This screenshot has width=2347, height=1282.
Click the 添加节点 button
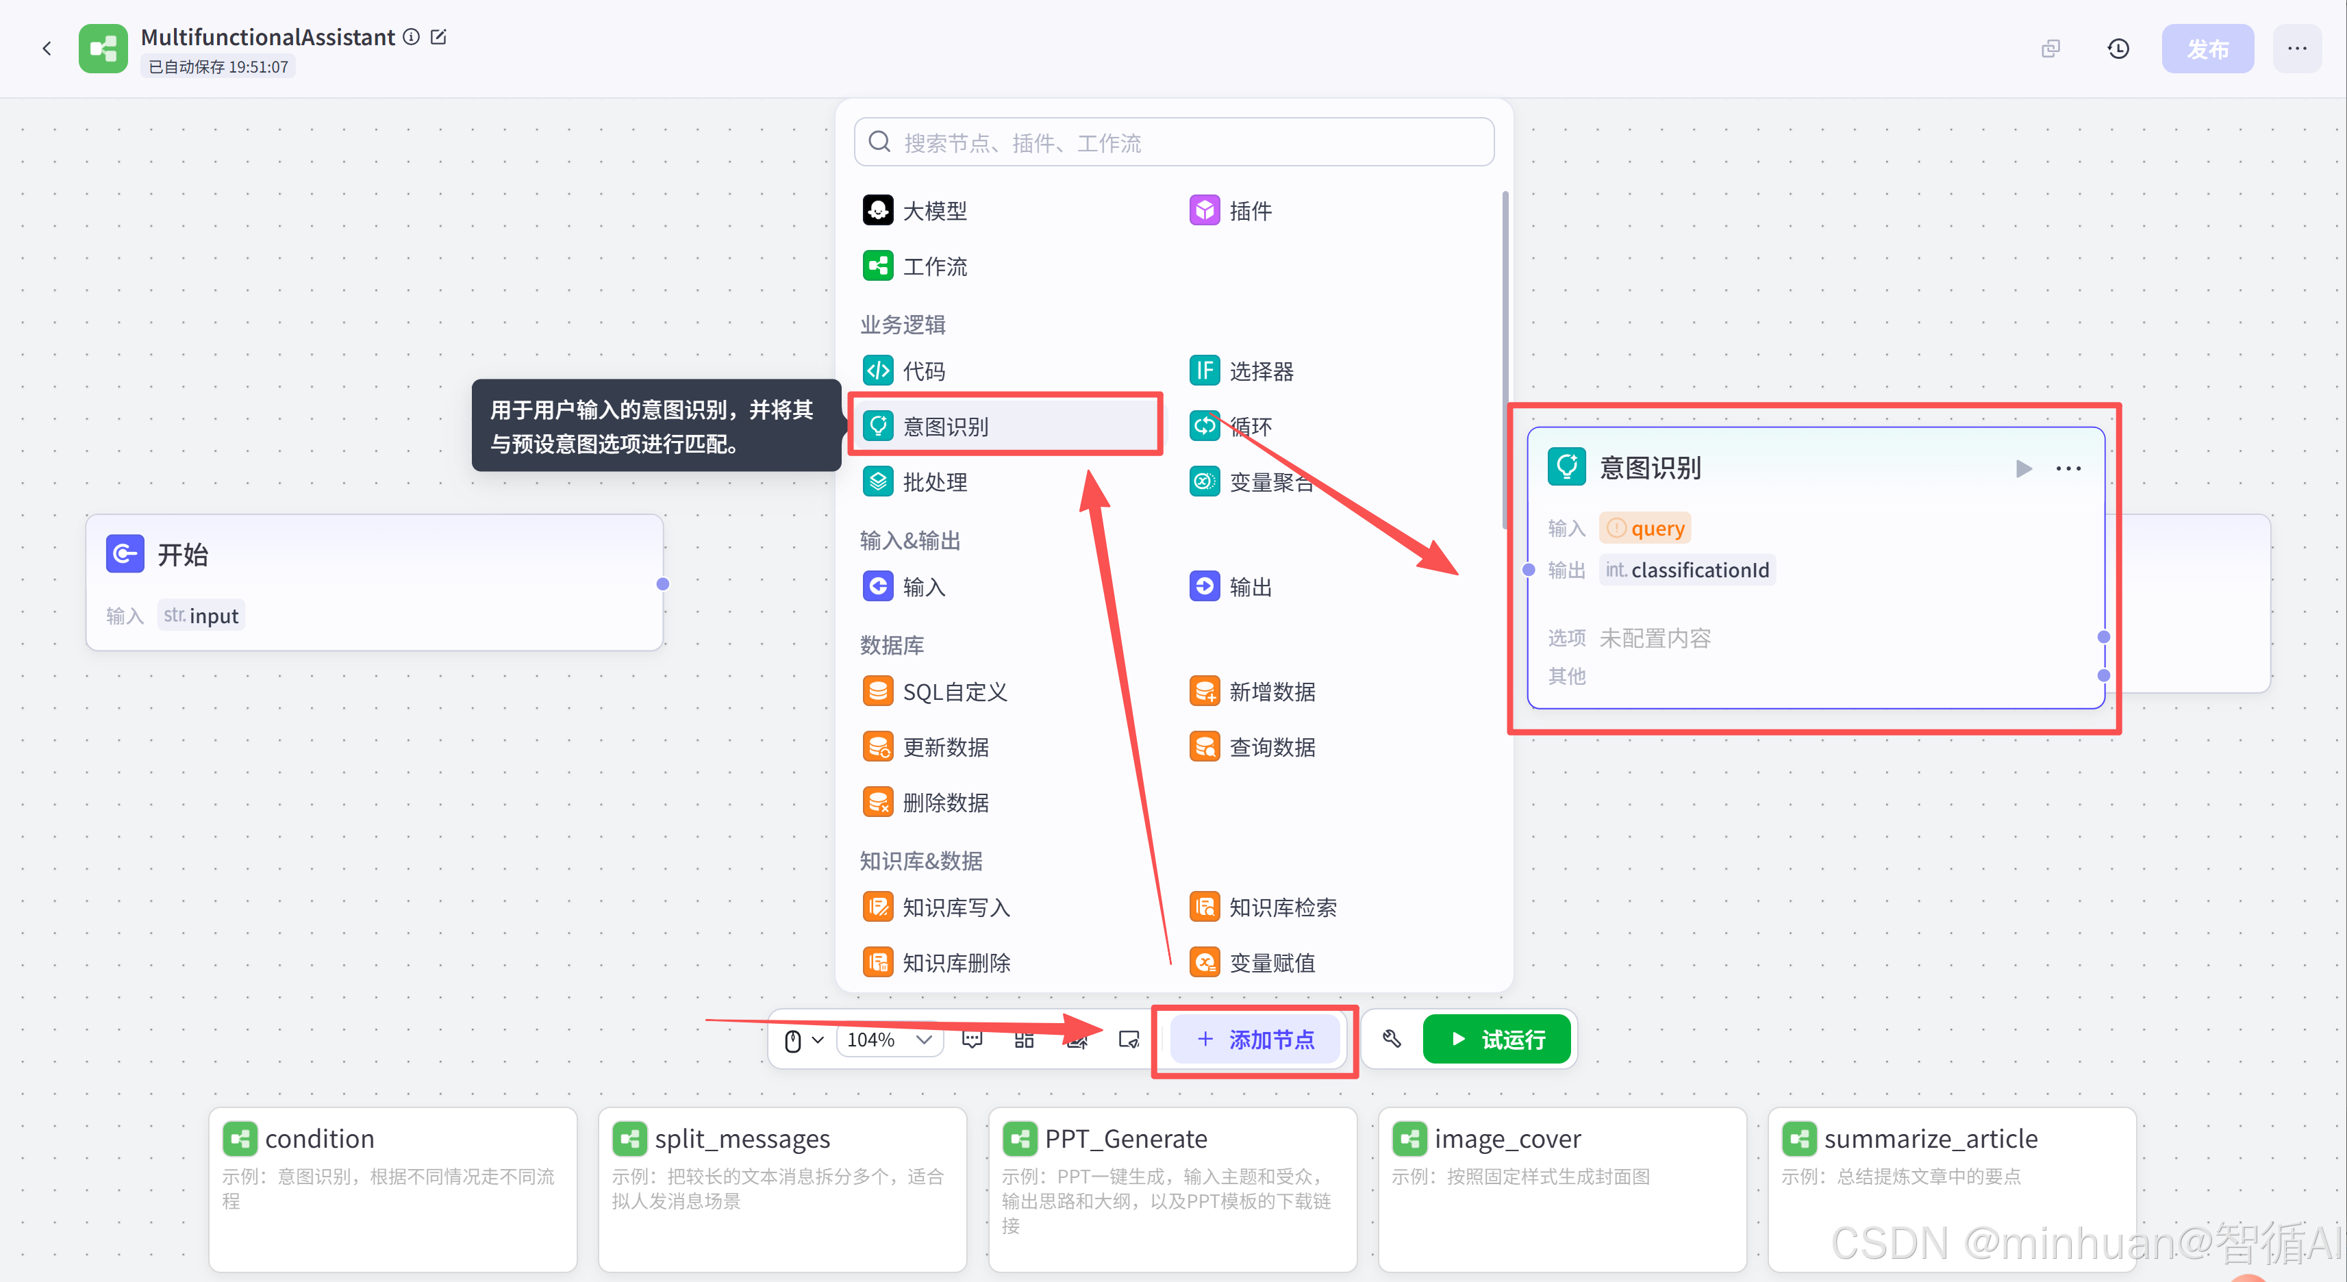[1255, 1040]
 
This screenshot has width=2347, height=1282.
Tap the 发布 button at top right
[2207, 49]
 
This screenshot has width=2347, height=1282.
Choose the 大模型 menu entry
[934, 210]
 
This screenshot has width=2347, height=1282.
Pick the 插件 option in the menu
[1249, 210]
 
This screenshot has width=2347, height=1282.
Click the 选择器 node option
[1261, 371]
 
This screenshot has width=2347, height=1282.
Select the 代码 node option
[923, 371]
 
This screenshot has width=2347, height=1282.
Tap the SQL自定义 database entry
[954, 692]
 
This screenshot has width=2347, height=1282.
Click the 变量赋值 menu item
[1271, 963]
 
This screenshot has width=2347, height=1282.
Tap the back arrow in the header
[47, 49]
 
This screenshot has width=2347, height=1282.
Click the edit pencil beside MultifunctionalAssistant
[438, 36]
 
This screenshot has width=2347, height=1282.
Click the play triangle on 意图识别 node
[2024, 468]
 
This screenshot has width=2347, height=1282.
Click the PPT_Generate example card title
[1125, 1139]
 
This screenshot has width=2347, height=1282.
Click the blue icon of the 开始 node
[125, 554]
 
